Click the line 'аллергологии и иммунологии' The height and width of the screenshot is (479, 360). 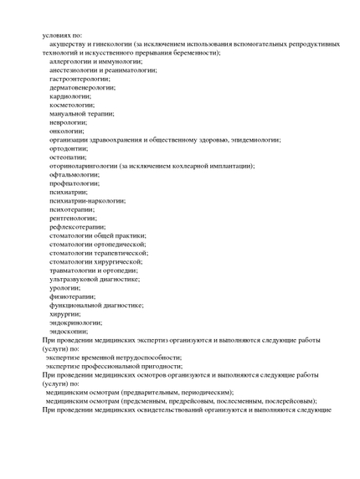95,61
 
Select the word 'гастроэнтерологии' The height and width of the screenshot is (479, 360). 79,79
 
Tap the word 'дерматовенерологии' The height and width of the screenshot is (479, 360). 80,87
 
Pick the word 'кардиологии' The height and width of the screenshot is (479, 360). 69,95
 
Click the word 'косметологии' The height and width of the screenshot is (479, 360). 71,105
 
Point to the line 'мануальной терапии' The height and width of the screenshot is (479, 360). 81,113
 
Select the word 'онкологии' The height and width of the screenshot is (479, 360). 66,131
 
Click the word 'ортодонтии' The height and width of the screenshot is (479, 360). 69,148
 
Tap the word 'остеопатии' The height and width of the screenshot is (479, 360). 68,157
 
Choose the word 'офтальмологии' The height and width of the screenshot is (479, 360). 74,174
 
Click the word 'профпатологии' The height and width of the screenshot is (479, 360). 75,183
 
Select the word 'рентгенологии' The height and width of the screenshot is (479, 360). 74,218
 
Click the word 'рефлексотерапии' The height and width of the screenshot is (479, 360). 77,226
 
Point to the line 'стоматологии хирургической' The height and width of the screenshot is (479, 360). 95,261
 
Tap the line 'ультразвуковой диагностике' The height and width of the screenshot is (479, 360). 95,279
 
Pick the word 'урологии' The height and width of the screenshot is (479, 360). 64,287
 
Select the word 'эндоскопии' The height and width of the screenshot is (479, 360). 69,331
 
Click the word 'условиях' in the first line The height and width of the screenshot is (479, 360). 57,35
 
